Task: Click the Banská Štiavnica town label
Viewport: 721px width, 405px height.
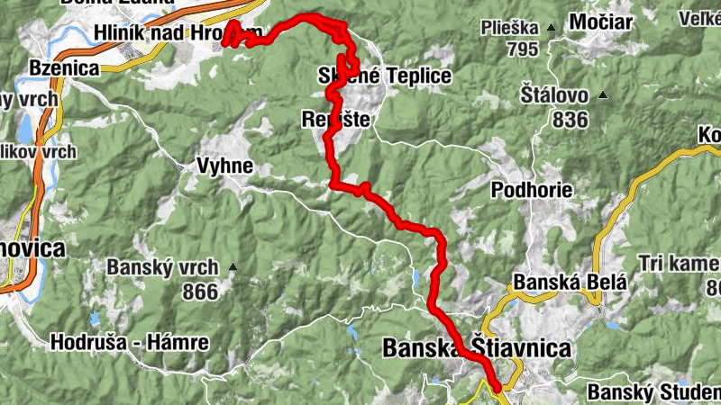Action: point(477,347)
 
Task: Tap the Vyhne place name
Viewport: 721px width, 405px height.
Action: point(224,166)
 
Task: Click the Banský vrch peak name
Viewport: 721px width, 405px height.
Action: point(162,267)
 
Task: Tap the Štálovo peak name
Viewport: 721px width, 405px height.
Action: point(554,94)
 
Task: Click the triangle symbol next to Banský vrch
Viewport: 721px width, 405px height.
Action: point(233,267)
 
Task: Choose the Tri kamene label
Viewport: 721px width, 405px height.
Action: point(679,263)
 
